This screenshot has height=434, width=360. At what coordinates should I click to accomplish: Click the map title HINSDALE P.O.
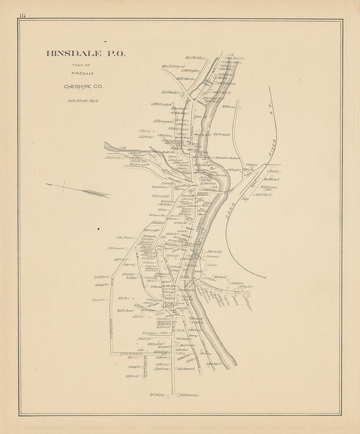(86, 53)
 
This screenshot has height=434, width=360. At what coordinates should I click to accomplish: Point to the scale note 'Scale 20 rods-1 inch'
(83, 101)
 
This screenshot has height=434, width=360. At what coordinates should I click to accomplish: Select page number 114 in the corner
(22, 16)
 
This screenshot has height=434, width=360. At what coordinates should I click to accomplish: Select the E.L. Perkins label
(222, 134)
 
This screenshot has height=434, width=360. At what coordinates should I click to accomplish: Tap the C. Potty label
(145, 131)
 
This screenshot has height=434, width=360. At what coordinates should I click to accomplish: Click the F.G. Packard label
(116, 248)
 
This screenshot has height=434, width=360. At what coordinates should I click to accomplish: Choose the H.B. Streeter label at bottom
(190, 395)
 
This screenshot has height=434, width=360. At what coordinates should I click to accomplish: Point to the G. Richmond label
(186, 369)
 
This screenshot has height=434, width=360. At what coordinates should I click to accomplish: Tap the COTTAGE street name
(146, 366)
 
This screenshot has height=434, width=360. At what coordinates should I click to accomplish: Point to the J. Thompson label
(163, 121)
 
